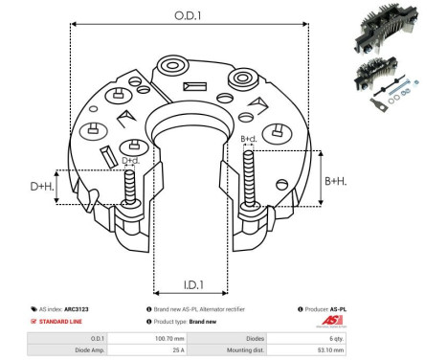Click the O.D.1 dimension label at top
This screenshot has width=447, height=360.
188,14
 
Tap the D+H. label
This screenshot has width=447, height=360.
41,186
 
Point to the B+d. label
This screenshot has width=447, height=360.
249,139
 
